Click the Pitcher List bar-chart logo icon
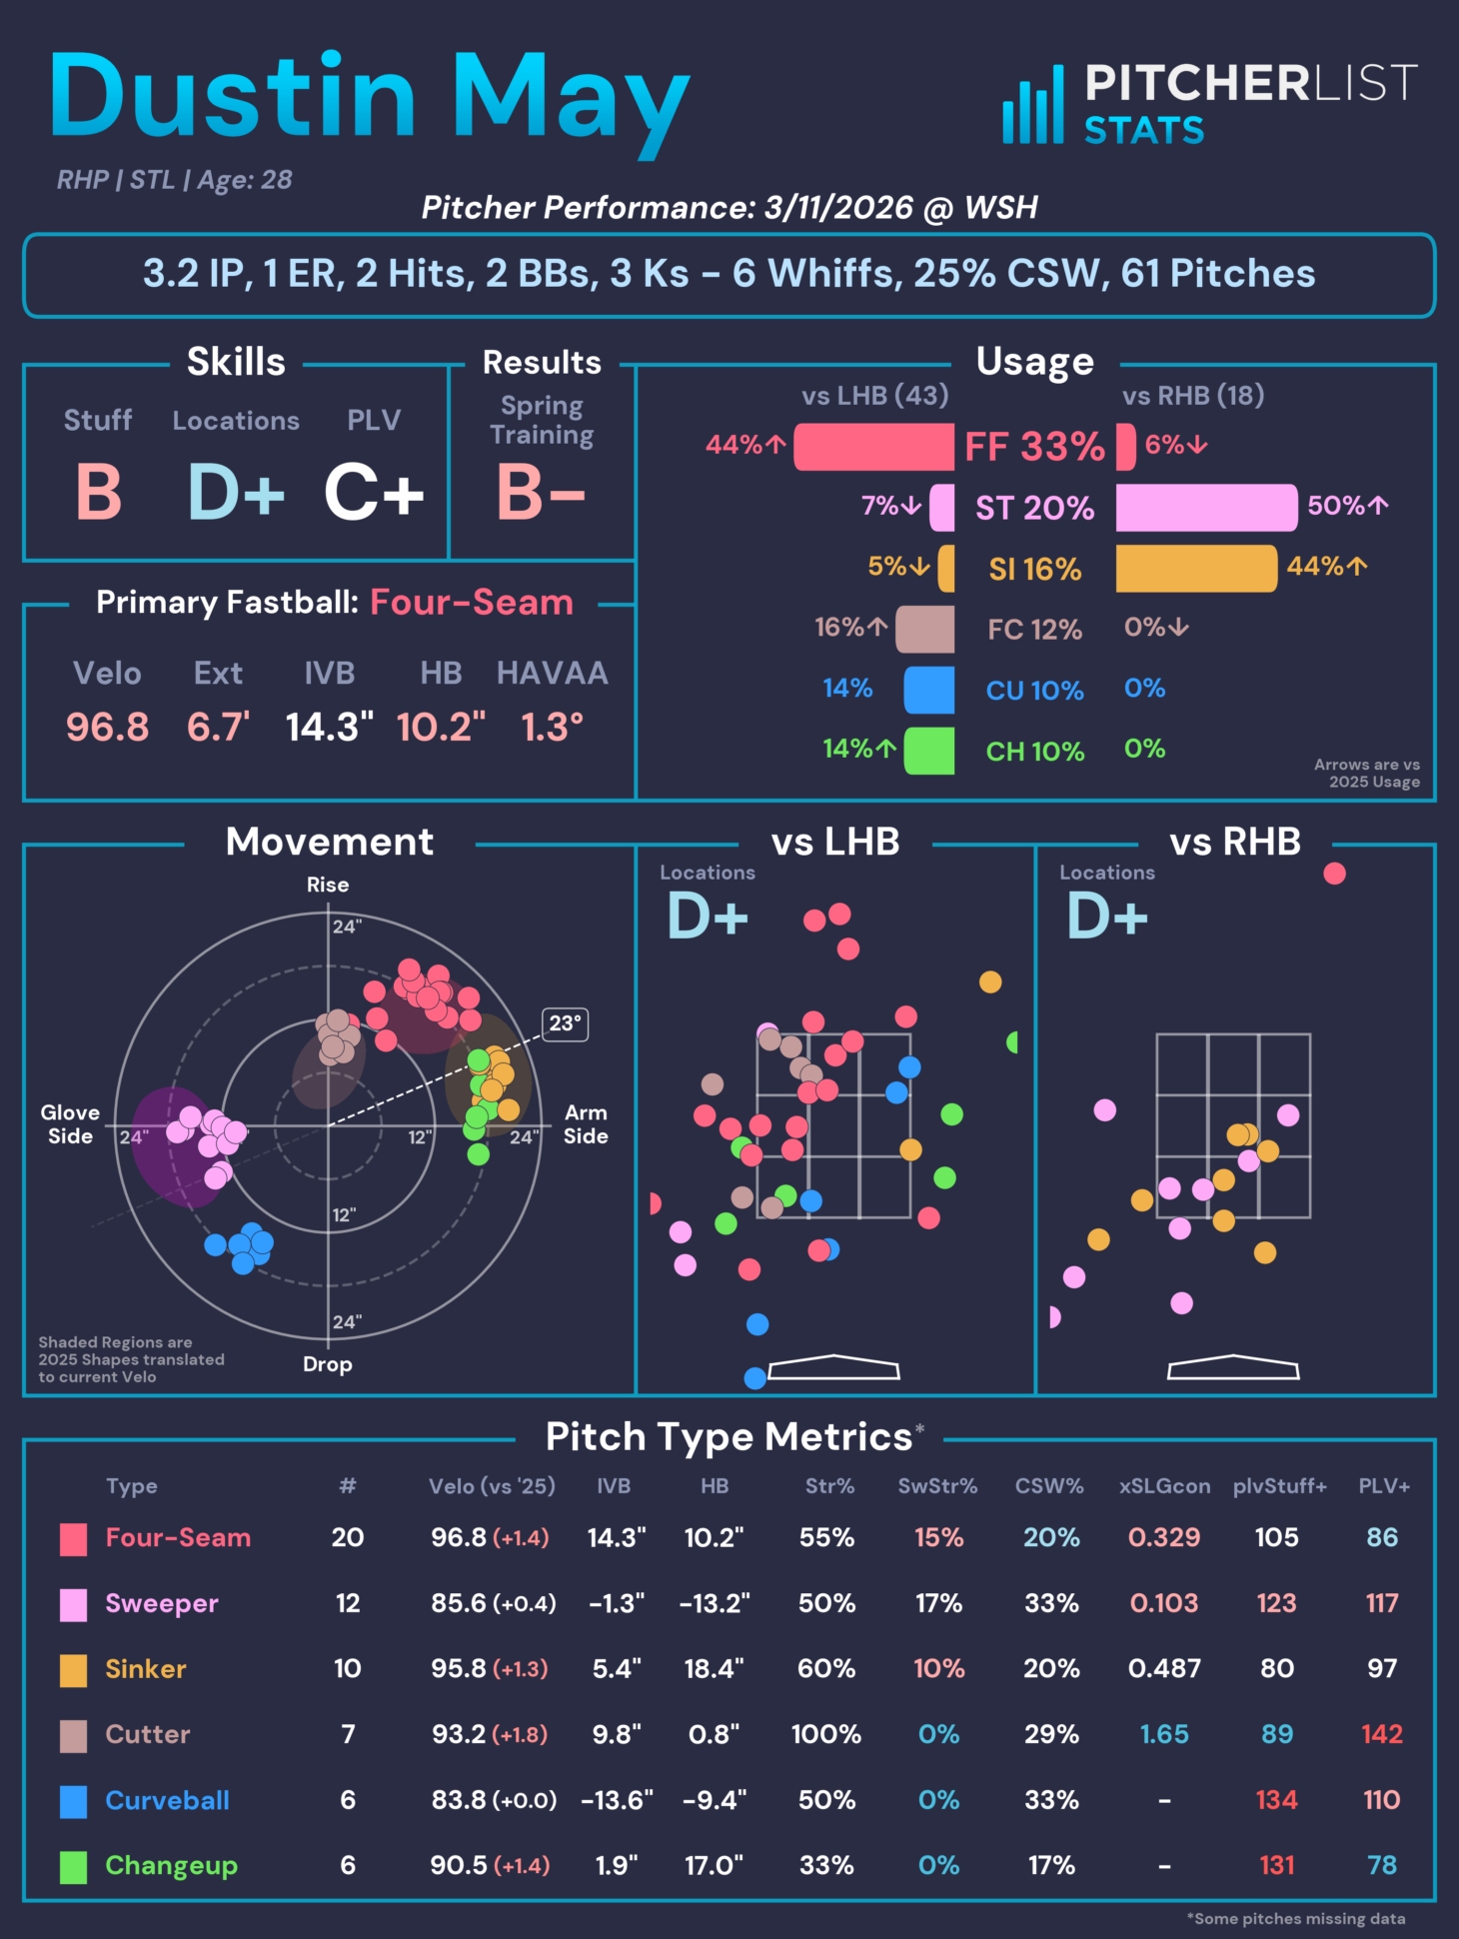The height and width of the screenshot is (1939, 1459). tap(1034, 105)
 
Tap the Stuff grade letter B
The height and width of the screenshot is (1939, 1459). tap(99, 493)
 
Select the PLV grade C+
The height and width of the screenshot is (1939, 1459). tap(374, 493)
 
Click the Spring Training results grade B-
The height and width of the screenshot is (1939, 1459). tap(541, 493)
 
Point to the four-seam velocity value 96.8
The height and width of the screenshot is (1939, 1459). tap(107, 727)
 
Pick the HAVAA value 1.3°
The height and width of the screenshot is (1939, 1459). tap(552, 727)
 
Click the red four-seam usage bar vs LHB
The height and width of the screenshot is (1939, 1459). tap(873, 446)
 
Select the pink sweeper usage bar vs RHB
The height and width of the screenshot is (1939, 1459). tap(1206, 507)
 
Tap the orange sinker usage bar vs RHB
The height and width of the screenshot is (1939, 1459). tap(1196, 568)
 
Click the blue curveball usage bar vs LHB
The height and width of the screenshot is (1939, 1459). tap(928, 690)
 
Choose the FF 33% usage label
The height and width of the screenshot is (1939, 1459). tap(1034, 447)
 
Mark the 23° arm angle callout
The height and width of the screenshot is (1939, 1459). tap(565, 1023)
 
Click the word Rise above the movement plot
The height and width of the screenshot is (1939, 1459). tap(328, 885)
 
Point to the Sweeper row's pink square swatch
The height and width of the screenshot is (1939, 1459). tap(73, 1604)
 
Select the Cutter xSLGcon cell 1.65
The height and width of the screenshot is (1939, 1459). tap(1164, 1734)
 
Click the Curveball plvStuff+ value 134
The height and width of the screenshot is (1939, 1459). tap(1276, 1800)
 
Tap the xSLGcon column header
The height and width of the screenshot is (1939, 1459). tap(1164, 1486)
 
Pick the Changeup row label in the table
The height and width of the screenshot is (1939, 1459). tap(171, 1866)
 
